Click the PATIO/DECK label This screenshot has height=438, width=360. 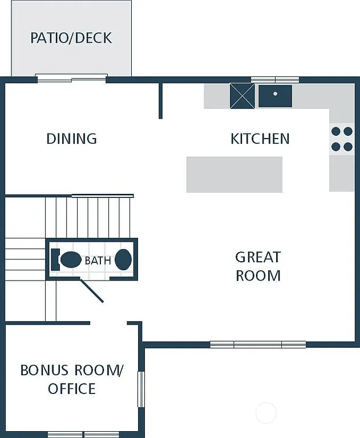[x=71, y=38]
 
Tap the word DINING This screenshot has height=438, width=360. [x=71, y=139]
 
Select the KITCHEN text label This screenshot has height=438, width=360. [x=260, y=139]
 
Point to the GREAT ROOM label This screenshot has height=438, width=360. [x=258, y=266]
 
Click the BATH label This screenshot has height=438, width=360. [x=98, y=261]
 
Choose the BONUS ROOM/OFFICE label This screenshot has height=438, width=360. [x=71, y=379]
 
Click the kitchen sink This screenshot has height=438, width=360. [x=275, y=95]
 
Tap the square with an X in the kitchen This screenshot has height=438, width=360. [x=242, y=95]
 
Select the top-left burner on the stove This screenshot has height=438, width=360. [x=335, y=131]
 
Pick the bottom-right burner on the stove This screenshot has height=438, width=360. [x=347, y=147]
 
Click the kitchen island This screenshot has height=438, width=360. [x=234, y=175]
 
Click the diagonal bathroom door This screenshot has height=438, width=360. [x=91, y=290]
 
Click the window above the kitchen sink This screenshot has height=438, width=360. [x=275, y=80]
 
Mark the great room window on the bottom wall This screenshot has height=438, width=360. [x=258, y=344]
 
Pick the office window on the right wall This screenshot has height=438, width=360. [x=141, y=389]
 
